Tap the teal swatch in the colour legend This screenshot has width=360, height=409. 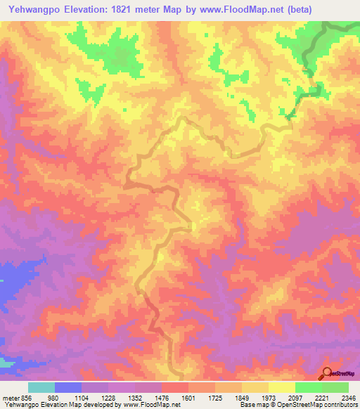pos(41,387)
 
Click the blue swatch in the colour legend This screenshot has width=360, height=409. pos(67,387)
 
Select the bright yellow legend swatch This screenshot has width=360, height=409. pos(281,387)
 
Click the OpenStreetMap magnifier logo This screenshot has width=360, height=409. pos(326,374)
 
